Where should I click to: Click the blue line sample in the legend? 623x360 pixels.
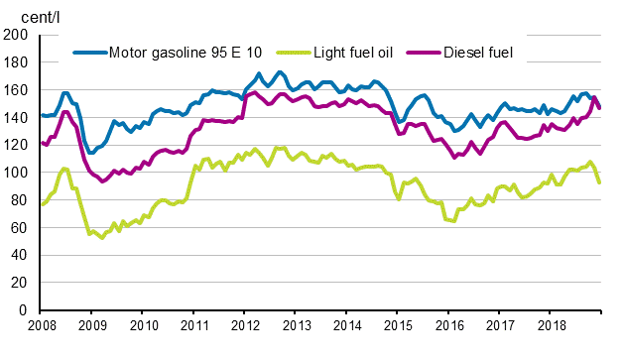pyautogui.click(x=87, y=52)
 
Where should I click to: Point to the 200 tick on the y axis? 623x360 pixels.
pyautogui.click(x=16, y=35)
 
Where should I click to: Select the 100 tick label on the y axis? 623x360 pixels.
pyautogui.click(x=16, y=173)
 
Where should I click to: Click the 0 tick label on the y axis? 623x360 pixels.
pyautogui.click(x=24, y=310)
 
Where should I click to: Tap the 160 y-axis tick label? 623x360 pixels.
pyautogui.click(x=16, y=90)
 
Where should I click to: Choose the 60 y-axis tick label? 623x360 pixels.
pyautogui.click(x=20, y=228)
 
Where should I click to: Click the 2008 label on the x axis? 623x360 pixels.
pyautogui.click(x=41, y=325)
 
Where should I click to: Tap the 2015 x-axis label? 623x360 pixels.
pyautogui.click(x=397, y=325)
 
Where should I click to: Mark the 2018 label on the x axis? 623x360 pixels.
pyautogui.click(x=550, y=325)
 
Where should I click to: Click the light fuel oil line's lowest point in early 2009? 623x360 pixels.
pyautogui.click(x=101, y=238)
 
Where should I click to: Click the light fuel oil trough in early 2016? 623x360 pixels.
pyautogui.click(x=453, y=220)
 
